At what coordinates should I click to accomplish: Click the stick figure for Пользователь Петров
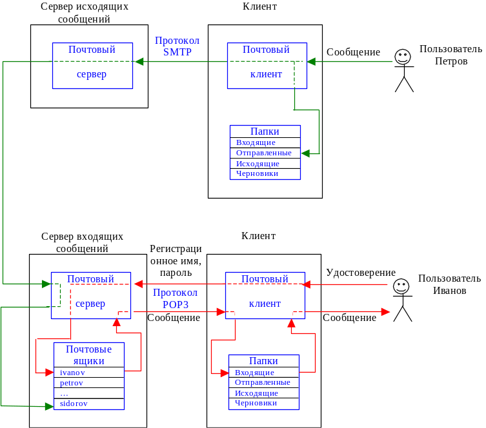404,70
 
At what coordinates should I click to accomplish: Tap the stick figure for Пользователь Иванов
402,300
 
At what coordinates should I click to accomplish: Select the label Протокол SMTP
177,46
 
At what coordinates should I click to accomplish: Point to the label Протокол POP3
175,298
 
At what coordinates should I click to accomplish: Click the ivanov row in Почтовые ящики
88,373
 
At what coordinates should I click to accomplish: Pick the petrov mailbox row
88,383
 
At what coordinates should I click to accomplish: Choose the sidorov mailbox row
88,404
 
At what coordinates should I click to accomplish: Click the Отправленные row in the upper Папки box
265,153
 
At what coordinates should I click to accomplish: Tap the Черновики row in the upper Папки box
265,173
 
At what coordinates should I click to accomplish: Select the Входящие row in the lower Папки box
263,373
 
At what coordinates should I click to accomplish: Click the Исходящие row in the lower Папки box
263,393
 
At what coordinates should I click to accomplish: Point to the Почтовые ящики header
88,355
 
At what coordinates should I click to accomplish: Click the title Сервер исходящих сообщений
84,13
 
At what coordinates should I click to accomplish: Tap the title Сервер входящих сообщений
81,243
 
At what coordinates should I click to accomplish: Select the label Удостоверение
361,273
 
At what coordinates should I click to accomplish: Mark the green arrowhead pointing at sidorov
48,405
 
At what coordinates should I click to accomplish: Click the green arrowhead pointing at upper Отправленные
305,153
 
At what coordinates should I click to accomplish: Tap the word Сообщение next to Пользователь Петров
352,52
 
